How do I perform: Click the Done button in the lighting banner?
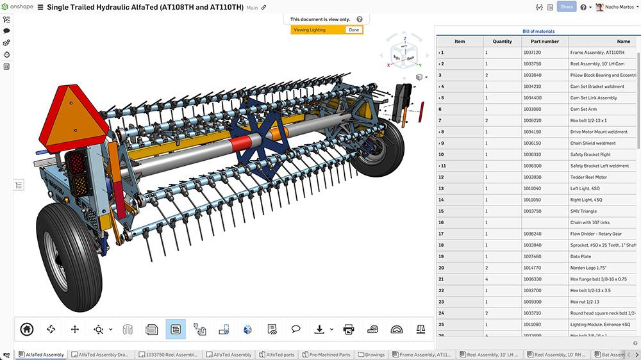pyautogui.click(x=353, y=30)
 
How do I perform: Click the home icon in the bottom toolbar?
pyautogui.click(x=27, y=329)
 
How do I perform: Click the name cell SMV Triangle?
pyautogui.click(x=583, y=211)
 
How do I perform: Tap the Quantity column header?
pyautogui.click(x=502, y=42)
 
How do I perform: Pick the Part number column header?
pyautogui.click(x=545, y=42)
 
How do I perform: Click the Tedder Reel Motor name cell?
pyautogui.click(x=588, y=177)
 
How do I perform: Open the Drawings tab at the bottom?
pyautogui.click(x=372, y=354)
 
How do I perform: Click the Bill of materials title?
pyautogui.click(x=538, y=31)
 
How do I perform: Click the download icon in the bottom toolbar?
pyautogui.click(x=319, y=329)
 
